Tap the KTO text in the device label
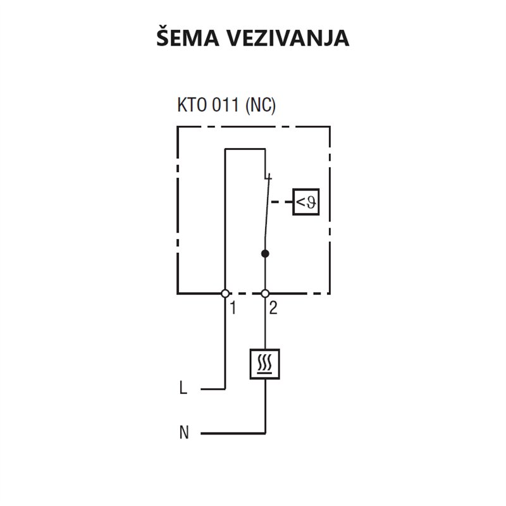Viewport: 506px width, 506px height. (192, 104)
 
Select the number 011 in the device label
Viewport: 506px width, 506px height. (226, 104)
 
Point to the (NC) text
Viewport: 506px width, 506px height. (261, 105)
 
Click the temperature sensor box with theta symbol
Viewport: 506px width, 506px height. (306, 202)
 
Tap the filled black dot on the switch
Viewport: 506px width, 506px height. (265, 254)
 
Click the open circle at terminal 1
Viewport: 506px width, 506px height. (225, 293)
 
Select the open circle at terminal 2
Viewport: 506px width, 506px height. (265, 293)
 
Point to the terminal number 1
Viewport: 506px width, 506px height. (233, 308)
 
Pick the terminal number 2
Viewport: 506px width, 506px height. (273, 308)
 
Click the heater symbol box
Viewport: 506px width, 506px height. (264, 364)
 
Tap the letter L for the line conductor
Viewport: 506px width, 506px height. (183, 388)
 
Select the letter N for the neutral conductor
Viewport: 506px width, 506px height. (184, 433)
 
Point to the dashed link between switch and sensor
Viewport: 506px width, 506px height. (281, 202)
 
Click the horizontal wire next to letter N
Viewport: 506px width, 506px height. (233, 433)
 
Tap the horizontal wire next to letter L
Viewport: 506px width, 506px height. (213, 389)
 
